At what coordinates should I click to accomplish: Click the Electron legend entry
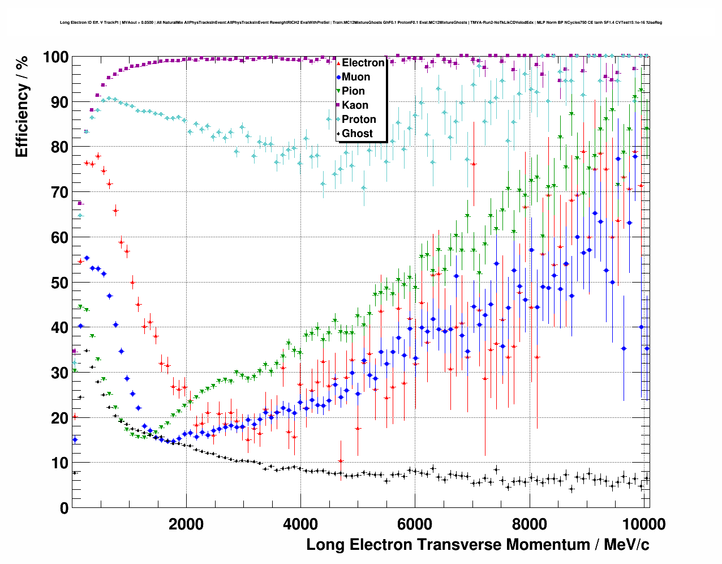[x=363, y=63]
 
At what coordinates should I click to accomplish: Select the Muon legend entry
[x=356, y=77]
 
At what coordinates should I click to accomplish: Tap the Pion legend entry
[x=353, y=91]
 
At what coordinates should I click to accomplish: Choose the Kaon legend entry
[x=355, y=105]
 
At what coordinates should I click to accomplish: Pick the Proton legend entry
[x=359, y=119]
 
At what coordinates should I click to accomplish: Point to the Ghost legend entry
[x=357, y=134]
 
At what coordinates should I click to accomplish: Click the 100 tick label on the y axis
[x=55, y=57]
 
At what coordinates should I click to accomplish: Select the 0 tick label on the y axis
[x=64, y=508]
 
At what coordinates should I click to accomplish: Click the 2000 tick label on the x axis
[x=186, y=524]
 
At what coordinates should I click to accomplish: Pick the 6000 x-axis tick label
[x=415, y=524]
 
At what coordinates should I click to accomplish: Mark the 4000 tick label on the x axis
[x=300, y=524]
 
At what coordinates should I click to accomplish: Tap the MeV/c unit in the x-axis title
[x=626, y=545]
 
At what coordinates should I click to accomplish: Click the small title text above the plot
[x=361, y=23]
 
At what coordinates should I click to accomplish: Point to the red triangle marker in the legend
[x=338, y=63]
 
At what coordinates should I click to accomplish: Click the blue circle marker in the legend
[x=338, y=77]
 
